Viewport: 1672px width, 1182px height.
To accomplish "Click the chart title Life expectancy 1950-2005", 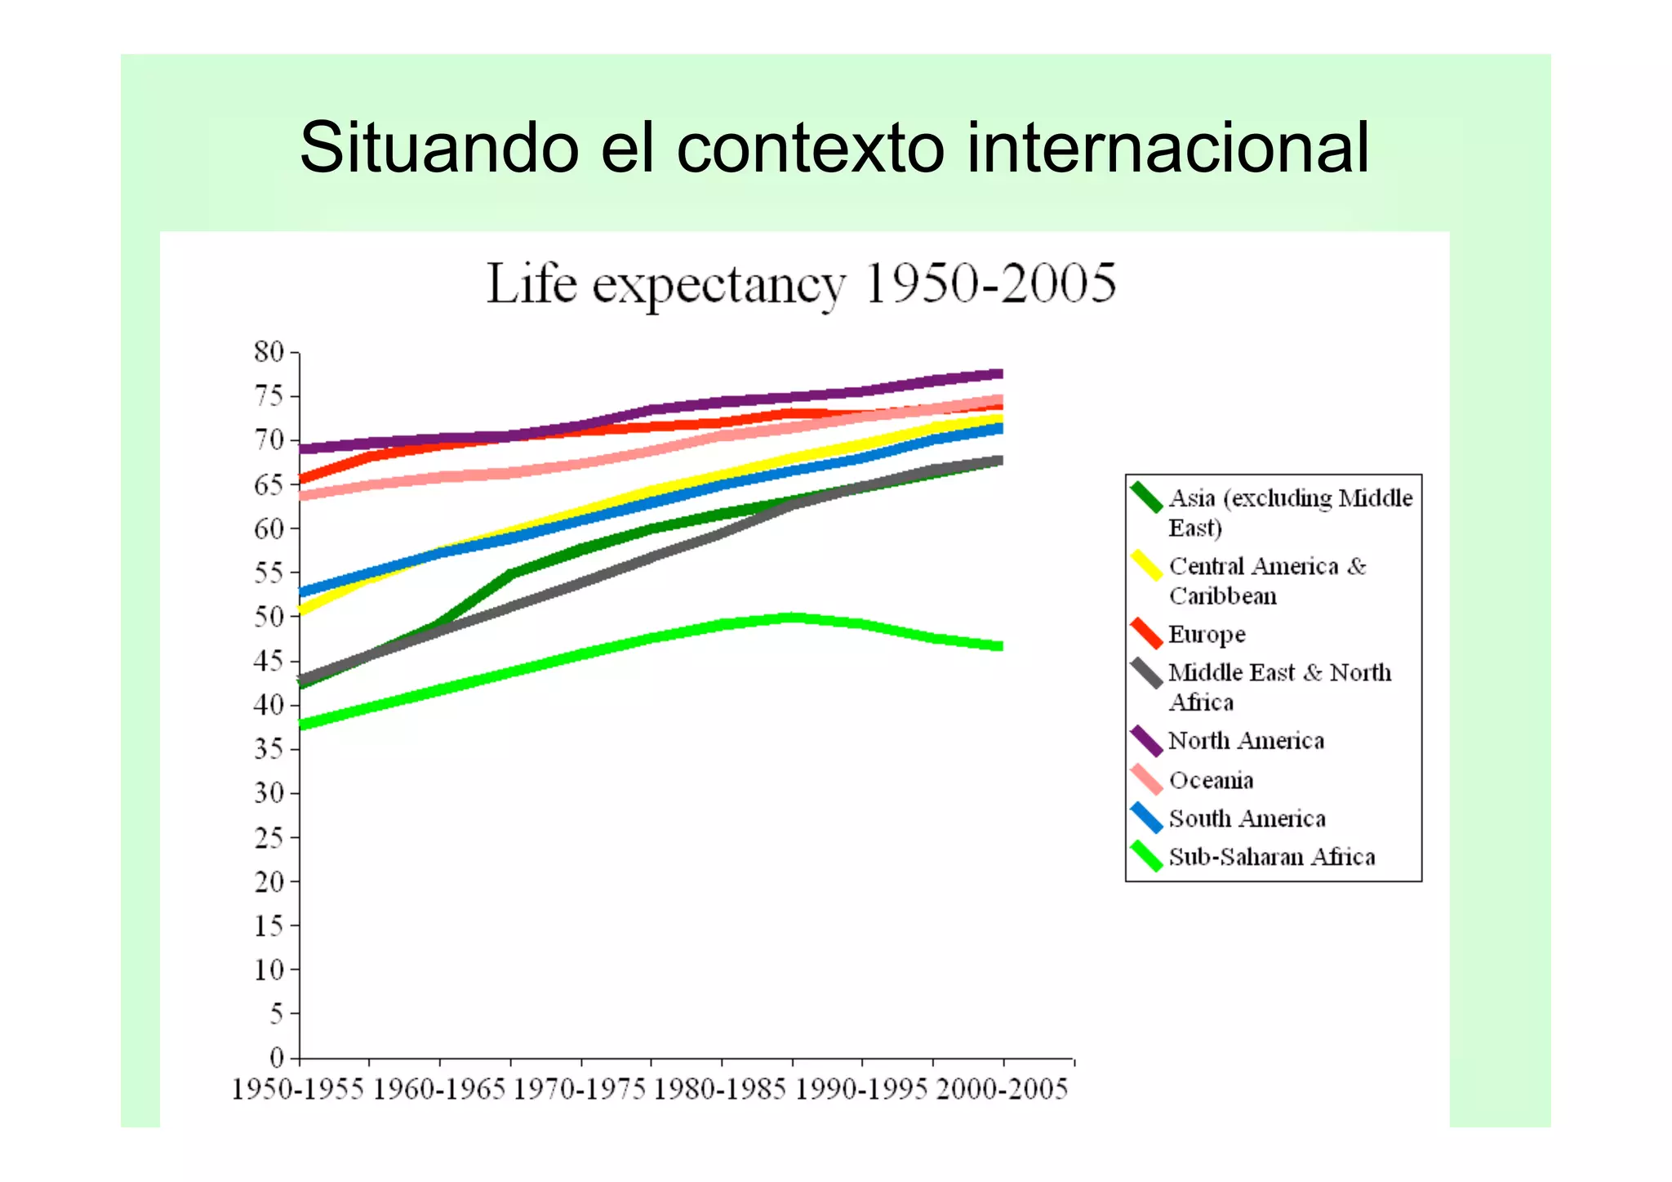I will click(801, 283).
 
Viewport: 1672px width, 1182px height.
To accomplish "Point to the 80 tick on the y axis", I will click(269, 352).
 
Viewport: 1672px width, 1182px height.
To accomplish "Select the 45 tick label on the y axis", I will click(269, 661).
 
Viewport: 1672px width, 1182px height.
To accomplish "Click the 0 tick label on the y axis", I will click(277, 1058).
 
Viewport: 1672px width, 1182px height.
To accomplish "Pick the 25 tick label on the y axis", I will click(269, 837).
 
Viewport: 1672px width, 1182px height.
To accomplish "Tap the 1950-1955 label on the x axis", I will click(298, 1090).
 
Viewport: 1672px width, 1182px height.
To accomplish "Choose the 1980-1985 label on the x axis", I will click(721, 1090).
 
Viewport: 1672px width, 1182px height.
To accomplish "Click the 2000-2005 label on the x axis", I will click(1002, 1090).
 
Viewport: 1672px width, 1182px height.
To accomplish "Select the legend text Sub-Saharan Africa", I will click(1271, 857).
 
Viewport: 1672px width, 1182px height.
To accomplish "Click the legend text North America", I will click(1246, 741).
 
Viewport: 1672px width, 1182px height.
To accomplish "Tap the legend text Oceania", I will click(1211, 780).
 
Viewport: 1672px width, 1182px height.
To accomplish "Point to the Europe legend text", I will click(1207, 635).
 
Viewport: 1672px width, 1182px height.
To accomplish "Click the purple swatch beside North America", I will click(1146, 741).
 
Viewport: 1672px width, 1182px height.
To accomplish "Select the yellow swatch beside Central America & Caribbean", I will click(1146, 566).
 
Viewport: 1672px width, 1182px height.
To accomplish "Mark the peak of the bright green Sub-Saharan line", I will click(792, 618).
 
